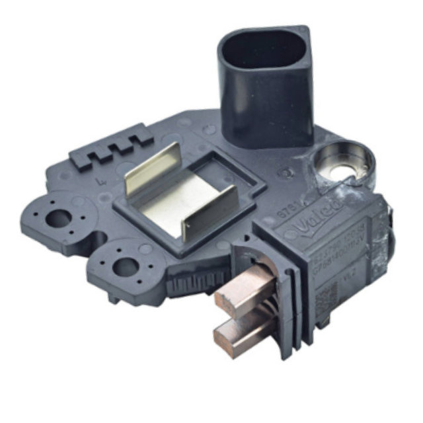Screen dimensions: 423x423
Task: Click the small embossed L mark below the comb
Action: click(x=99, y=176)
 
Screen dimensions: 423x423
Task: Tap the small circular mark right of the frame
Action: click(x=286, y=174)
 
